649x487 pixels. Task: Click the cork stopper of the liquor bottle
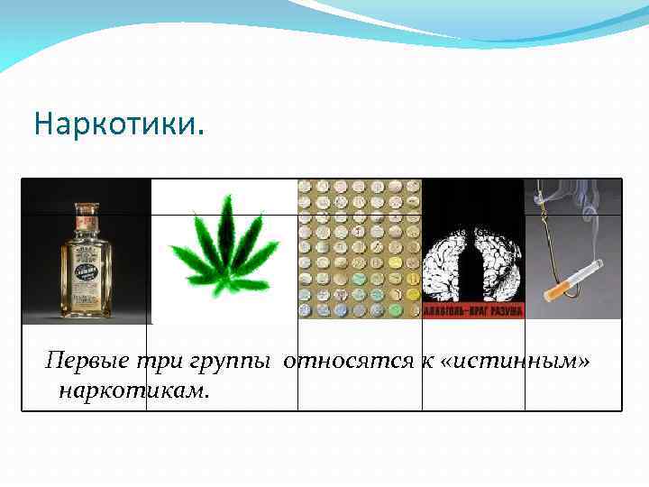(87, 210)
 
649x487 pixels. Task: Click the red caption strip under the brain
(474, 311)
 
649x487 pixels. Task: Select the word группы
(229, 363)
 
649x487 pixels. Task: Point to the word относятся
(346, 363)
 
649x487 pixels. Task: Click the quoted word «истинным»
(513, 363)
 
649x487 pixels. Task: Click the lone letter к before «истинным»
(422, 363)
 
